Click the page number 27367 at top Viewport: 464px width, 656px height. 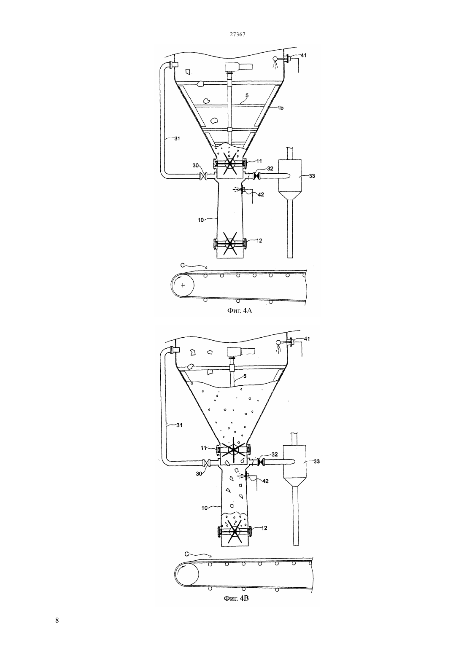click(x=237, y=34)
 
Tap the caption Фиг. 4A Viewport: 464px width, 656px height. click(x=240, y=311)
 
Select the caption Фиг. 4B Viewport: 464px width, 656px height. click(x=236, y=598)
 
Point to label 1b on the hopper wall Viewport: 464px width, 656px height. click(x=281, y=108)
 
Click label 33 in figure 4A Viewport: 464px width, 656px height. click(x=312, y=176)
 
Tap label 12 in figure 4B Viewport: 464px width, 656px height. click(x=264, y=528)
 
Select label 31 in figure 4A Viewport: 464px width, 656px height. click(x=177, y=139)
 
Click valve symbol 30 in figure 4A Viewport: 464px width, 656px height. click(x=203, y=176)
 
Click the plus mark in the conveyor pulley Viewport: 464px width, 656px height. click(x=183, y=285)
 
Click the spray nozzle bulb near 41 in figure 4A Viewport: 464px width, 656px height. click(x=275, y=58)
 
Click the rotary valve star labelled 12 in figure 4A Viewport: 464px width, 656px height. click(x=230, y=243)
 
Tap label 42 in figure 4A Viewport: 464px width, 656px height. click(x=261, y=194)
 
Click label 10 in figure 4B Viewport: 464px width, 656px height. click(x=205, y=508)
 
